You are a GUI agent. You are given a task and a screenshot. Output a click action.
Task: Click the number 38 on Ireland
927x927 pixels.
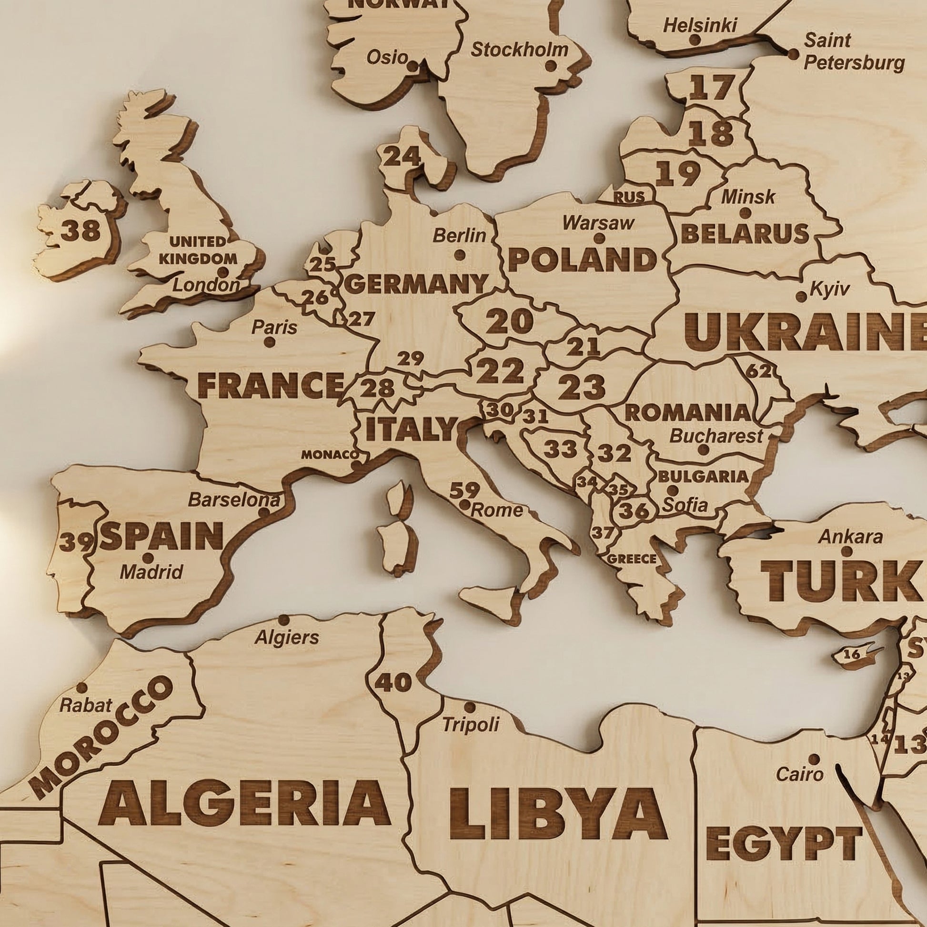(x=81, y=230)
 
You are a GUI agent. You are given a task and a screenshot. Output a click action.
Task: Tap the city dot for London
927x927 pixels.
(x=222, y=272)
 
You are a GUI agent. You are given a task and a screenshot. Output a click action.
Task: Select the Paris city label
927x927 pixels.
(x=274, y=327)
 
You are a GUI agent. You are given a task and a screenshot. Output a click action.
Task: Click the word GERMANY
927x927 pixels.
(x=416, y=284)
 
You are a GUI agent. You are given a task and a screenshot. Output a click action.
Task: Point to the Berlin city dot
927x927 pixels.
(x=460, y=255)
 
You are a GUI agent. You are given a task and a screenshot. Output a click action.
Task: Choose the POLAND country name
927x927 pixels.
(x=582, y=260)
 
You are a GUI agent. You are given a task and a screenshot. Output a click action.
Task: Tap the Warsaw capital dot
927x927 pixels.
(x=599, y=238)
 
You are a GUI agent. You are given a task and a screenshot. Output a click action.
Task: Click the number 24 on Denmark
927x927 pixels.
(x=403, y=156)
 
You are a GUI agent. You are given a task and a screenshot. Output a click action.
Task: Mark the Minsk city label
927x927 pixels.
(x=748, y=196)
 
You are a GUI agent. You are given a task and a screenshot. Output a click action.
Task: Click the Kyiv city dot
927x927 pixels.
(x=801, y=296)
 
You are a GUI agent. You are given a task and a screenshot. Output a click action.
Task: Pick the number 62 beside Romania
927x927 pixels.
(x=758, y=371)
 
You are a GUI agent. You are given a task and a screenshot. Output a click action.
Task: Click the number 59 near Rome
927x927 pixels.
(x=464, y=490)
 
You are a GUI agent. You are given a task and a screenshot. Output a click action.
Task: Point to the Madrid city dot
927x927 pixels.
(x=148, y=557)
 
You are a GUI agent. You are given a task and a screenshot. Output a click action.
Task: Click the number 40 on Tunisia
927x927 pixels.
(x=393, y=682)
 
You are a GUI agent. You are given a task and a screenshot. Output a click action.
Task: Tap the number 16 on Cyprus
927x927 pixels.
(x=851, y=654)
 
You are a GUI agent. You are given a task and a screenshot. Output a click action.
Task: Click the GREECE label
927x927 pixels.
(x=632, y=559)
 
